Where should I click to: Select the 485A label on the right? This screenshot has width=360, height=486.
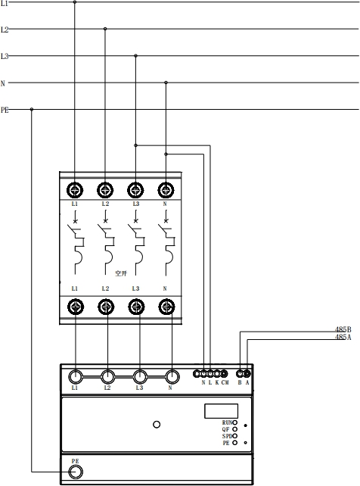[343, 338]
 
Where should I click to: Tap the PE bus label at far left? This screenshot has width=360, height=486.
[5, 109]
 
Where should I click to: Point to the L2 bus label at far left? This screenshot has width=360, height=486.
[5, 30]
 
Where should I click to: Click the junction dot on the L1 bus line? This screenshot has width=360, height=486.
[74, 2]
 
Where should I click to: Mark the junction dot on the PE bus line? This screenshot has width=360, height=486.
[31, 109]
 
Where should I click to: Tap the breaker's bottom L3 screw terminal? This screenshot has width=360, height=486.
[135, 307]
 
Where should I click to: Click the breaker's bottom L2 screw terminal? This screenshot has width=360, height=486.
[105, 307]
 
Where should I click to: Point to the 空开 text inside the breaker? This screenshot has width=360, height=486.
[119, 273]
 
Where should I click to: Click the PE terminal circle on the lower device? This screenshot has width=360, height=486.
[75, 472]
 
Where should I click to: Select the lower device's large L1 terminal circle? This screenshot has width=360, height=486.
[76, 375]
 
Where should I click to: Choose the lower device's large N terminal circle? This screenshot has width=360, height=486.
[172, 375]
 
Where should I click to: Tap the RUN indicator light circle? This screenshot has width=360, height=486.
[235, 422]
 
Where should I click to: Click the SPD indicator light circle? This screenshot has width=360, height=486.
[235, 436]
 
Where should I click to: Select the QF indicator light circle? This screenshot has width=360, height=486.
[235, 429]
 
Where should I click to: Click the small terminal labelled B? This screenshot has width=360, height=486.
[241, 373]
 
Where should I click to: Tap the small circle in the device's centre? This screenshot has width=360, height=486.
[157, 425]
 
